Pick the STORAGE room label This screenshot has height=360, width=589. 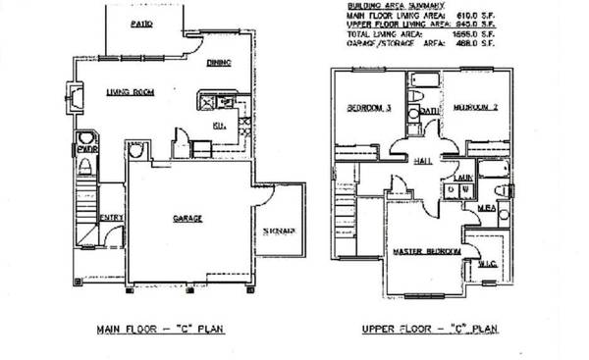(279, 231)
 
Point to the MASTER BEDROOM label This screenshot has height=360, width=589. (427, 252)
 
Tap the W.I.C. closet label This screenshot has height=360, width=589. (486, 263)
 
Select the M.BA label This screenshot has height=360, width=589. (484, 207)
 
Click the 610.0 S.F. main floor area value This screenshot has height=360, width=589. (482, 15)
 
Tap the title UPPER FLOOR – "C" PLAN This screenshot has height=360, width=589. (424, 330)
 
